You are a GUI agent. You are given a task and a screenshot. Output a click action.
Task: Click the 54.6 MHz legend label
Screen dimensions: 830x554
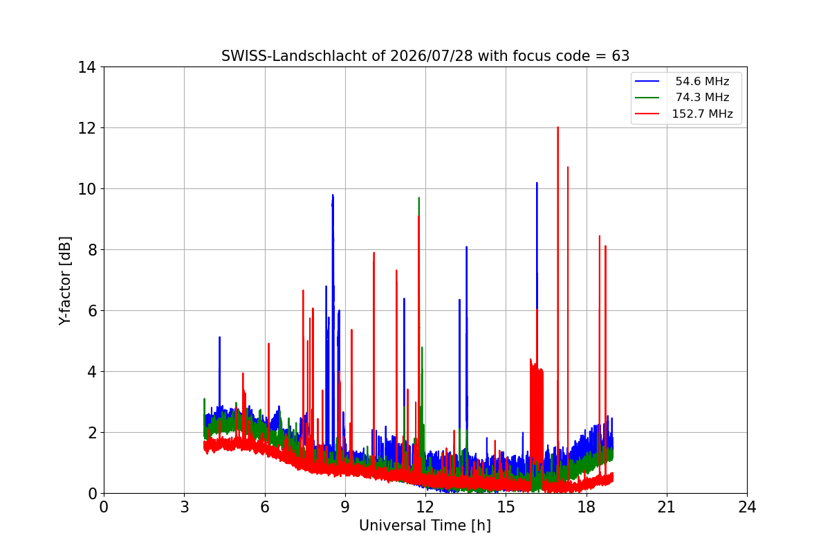pos(702,81)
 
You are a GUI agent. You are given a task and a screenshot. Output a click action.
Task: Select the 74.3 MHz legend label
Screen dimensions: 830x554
pos(702,97)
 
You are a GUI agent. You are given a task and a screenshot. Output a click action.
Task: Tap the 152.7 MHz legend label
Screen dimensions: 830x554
pos(702,114)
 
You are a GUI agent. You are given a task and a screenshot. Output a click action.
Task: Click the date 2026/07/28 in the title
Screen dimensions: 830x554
pos(432,56)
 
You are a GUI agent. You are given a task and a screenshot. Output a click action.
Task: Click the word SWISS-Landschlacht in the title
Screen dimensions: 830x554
pos(292,56)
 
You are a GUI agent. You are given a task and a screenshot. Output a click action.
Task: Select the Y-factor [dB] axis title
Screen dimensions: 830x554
pos(65,281)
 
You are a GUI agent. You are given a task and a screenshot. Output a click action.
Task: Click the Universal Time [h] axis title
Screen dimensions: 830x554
pos(425,526)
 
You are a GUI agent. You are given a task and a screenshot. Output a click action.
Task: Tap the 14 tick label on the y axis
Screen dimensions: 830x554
pos(86,67)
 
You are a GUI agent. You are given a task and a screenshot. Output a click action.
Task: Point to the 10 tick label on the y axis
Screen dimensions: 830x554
pos(86,189)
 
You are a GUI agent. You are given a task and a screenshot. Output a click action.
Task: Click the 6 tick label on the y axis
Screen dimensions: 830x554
pos(92,310)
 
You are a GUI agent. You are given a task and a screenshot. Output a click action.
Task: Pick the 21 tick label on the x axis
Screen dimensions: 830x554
pos(667,507)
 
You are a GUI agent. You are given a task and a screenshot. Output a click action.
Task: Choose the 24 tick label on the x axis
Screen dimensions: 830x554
pos(747,507)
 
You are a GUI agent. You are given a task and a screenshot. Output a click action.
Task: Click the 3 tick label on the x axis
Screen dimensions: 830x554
pos(184,507)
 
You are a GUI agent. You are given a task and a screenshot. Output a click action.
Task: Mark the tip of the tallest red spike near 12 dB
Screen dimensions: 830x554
pos(557,127)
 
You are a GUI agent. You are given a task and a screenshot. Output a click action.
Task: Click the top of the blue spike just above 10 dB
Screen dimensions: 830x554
pos(537,183)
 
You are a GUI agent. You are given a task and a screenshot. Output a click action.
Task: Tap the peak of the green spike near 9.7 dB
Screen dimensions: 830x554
pos(418,198)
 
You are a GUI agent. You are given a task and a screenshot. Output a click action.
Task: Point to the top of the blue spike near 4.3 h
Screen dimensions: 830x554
pos(220,337)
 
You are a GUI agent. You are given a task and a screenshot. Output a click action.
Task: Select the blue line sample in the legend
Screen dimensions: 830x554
pos(647,81)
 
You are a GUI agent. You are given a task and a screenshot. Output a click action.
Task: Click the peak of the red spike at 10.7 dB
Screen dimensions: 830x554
pos(568,167)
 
